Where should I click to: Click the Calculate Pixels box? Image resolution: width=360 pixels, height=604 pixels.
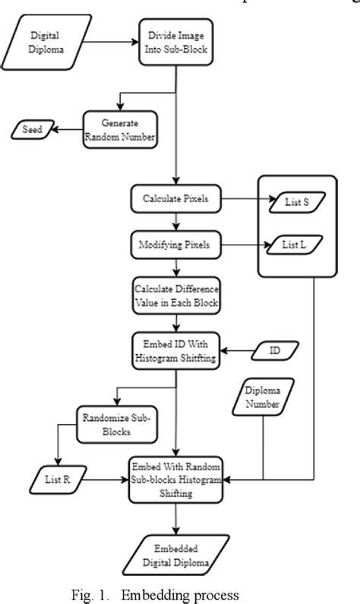(177, 198)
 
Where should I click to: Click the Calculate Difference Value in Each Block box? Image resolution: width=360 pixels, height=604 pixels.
(176, 297)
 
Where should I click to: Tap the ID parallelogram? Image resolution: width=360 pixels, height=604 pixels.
(274, 352)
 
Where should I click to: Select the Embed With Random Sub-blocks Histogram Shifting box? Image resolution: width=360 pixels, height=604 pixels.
(176, 479)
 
